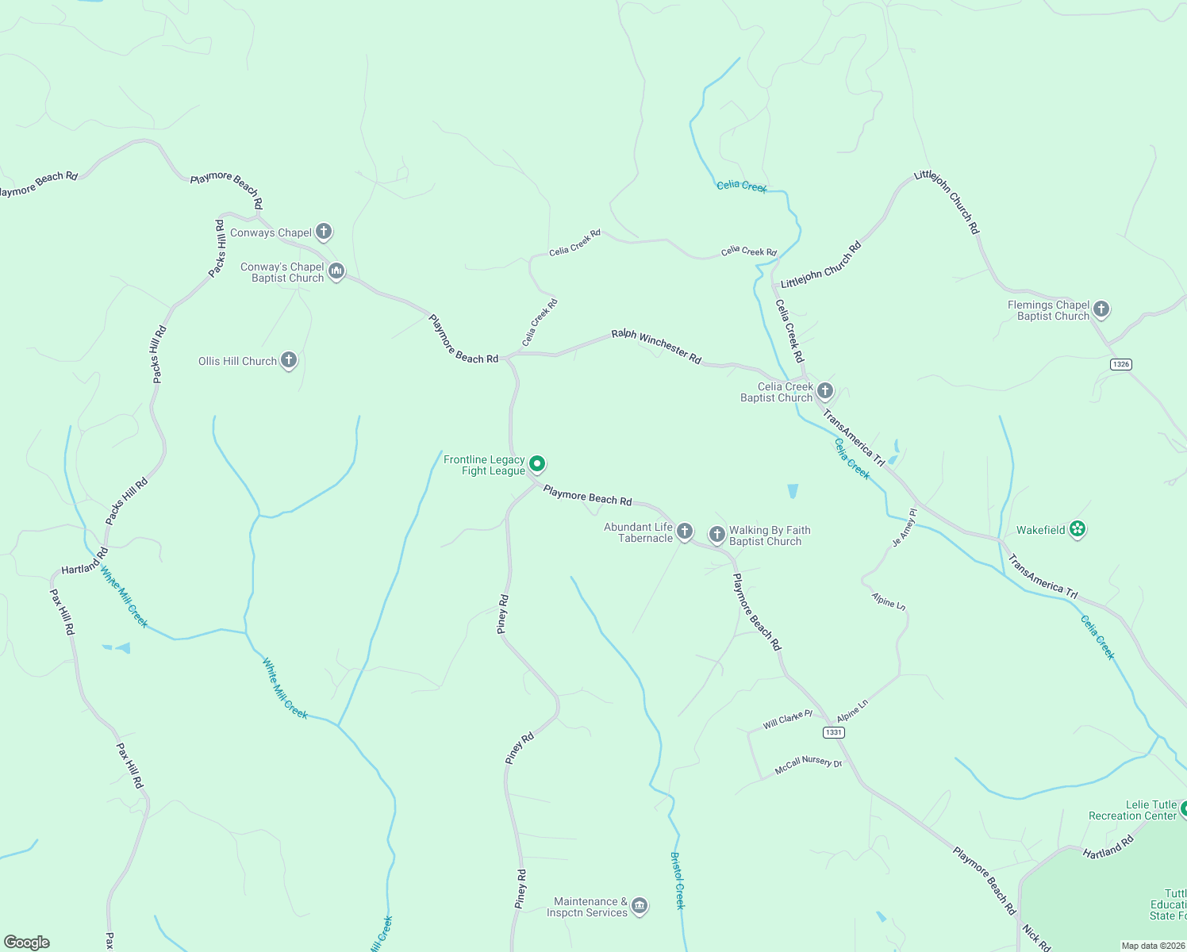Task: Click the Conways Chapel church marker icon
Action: click(x=323, y=232)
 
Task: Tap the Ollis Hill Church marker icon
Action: click(x=289, y=360)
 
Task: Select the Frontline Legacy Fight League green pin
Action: click(x=537, y=463)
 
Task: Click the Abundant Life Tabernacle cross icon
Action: click(x=685, y=532)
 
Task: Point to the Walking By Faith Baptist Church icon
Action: click(x=716, y=535)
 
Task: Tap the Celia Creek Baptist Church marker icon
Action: click(x=825, y=390)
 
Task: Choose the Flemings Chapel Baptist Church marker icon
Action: click(x=1101, y=309)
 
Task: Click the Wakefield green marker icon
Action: click(x=1077, y=529)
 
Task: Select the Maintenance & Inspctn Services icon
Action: click(x=640, y=906)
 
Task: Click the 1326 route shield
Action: click(x=1121, y=364)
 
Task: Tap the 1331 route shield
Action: click(x=834, y=732)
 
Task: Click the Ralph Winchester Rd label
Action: click(x=656, y=347)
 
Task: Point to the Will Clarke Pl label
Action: click(x=787, y=720)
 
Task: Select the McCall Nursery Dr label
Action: click(x=808, y=765)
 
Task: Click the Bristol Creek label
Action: click(x=677, y=881)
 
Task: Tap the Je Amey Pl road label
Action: click(x=905, y=528)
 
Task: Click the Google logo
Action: click(x=27, y=942)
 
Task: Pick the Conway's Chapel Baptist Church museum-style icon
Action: click(x=336, y=272)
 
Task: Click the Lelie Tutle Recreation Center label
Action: click(x=1132, y=810)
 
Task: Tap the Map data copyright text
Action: click(x=1152, y=946)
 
